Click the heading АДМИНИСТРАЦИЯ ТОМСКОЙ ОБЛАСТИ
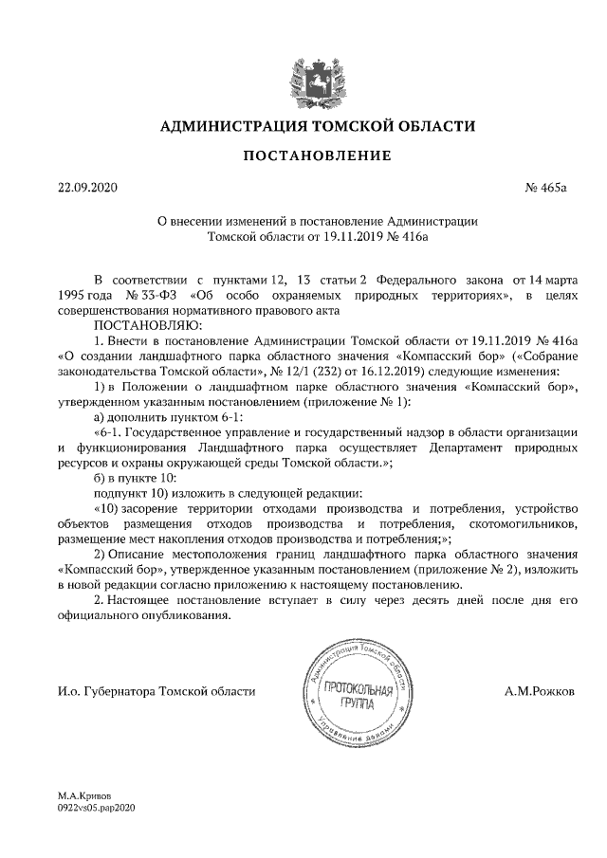point(303,126)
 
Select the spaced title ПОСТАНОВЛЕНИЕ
point(303,155)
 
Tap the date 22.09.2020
point(86,188)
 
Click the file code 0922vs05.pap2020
point(98,808)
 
